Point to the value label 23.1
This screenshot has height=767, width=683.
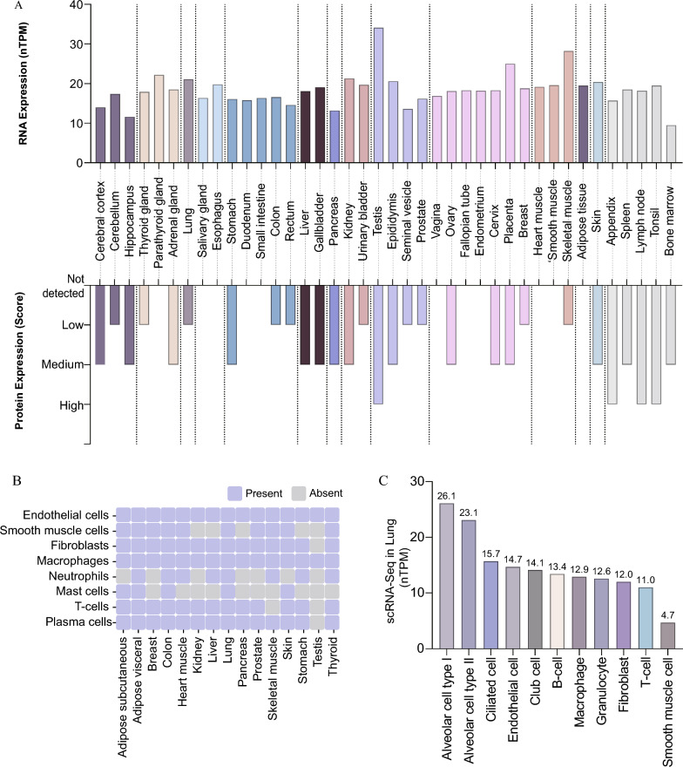468,513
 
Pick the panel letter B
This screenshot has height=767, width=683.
7,478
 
